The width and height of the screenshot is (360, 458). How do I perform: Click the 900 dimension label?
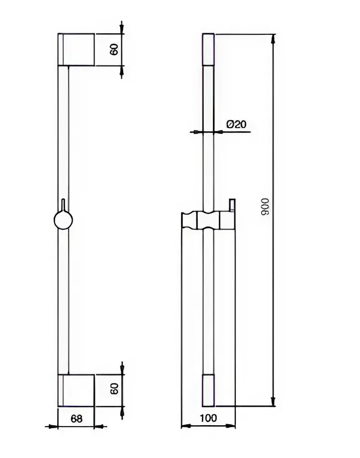[265, 207]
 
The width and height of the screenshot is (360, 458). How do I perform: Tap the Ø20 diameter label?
[236, 124]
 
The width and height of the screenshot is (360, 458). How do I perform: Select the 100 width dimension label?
[208, 418]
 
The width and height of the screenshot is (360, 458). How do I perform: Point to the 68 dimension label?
[77, 419]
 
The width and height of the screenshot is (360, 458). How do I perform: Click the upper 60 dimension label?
[114, 49]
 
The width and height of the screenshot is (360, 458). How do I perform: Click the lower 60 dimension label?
[114, 389]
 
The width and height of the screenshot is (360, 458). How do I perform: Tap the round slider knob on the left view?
[63, 220]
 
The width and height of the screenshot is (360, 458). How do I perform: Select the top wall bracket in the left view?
[76, 49]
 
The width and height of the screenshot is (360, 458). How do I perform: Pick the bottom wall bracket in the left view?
[76, 390]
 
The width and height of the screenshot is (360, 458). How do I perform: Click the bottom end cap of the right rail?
[208, 390]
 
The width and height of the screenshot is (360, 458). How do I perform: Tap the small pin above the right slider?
[232, 205]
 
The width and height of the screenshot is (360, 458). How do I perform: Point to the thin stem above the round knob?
[63, 205]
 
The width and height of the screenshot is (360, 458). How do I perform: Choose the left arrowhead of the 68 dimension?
[53, 426]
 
